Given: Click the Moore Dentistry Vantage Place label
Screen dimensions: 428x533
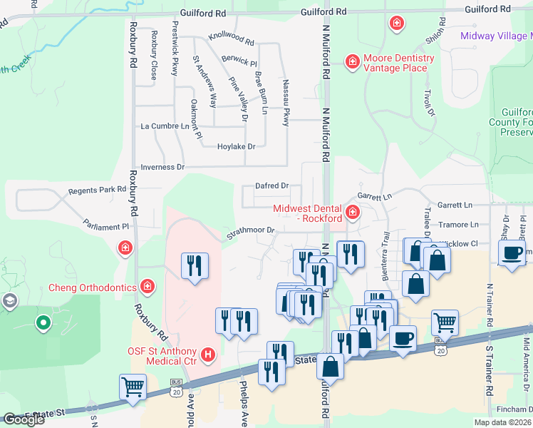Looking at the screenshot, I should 398,63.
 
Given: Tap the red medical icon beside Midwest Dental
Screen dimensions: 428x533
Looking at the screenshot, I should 352,212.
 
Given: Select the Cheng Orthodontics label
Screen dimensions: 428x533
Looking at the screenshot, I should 92,287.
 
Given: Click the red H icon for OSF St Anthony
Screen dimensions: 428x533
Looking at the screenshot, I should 208,354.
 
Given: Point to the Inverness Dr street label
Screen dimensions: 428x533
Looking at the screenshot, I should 162,167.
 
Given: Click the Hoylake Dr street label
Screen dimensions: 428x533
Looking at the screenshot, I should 236,146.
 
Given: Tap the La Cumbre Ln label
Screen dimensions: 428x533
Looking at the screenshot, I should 165,126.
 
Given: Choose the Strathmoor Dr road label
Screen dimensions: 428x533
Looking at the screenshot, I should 251,230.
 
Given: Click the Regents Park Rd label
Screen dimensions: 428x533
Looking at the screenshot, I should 97,190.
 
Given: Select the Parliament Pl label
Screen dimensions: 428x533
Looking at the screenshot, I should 104,225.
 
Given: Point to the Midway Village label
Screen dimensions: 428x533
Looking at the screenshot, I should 496,36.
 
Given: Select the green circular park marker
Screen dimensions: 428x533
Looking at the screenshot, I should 43,323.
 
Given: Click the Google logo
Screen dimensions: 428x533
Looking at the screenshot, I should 24,419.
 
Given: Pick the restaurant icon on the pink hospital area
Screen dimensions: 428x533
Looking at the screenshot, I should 195,266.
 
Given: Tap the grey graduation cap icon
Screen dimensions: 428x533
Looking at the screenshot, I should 9,300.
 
